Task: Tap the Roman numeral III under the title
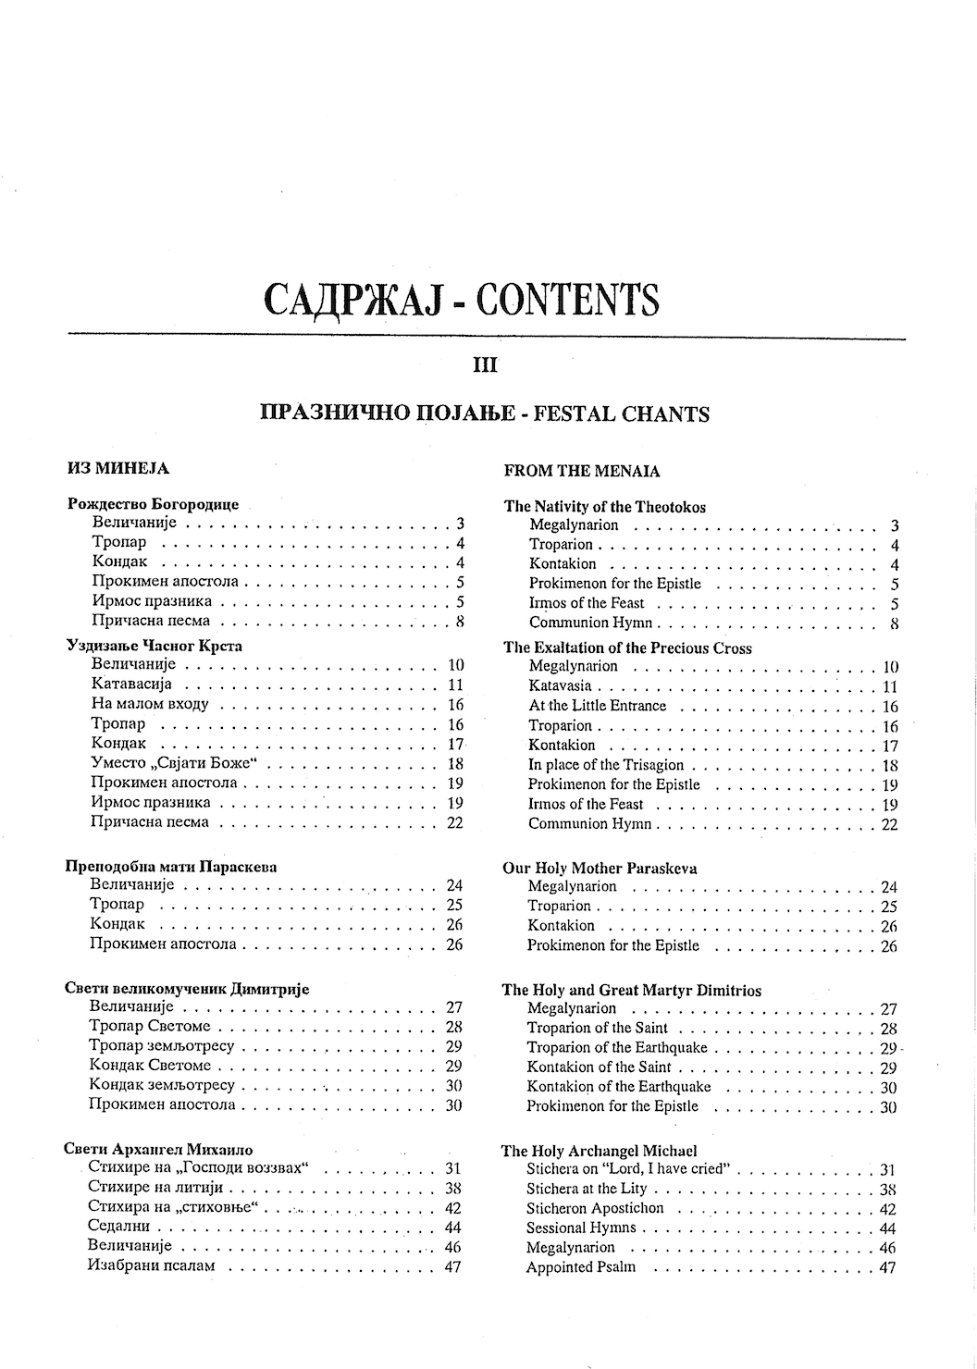pyautogui.click(x=485, y=365)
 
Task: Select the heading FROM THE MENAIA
pyautogui.click(x=582, y=471)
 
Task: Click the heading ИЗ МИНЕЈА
pyautogui.click(x=118, y=468)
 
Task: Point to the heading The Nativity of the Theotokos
pyautogui.click(x=604, y=506)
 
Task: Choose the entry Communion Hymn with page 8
pyautogui.click(x=590, y=623)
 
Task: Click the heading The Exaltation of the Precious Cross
pyautogui.click(x=627, y=647)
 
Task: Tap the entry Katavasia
pyautogui.click(x=560, y=686)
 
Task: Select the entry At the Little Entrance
pyautogui.click(x=597, y=706)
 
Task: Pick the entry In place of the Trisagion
pyautogui.click(x=605, y=765)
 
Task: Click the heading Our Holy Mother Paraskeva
pyautogui.click(x=600, y=868)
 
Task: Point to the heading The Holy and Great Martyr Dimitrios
pyautogui.click(x=631, y=990)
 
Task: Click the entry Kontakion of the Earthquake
pyautogui.click(x=618, y=1087)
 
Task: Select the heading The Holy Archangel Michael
pyautogui.click(x=599, y=1151)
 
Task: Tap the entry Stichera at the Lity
pyautogui.click(x=587, y=1189)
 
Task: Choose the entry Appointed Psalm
pyautogui.click(x=580, y=1267)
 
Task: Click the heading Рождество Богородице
pyautogui.click(x=154, y=504)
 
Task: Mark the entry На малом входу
pyautogui.click(x=150, y=704)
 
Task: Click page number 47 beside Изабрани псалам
pyautogui.click(x=451, y=1266)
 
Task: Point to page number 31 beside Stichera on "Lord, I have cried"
pyautogui.click(x=886, y=1170)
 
